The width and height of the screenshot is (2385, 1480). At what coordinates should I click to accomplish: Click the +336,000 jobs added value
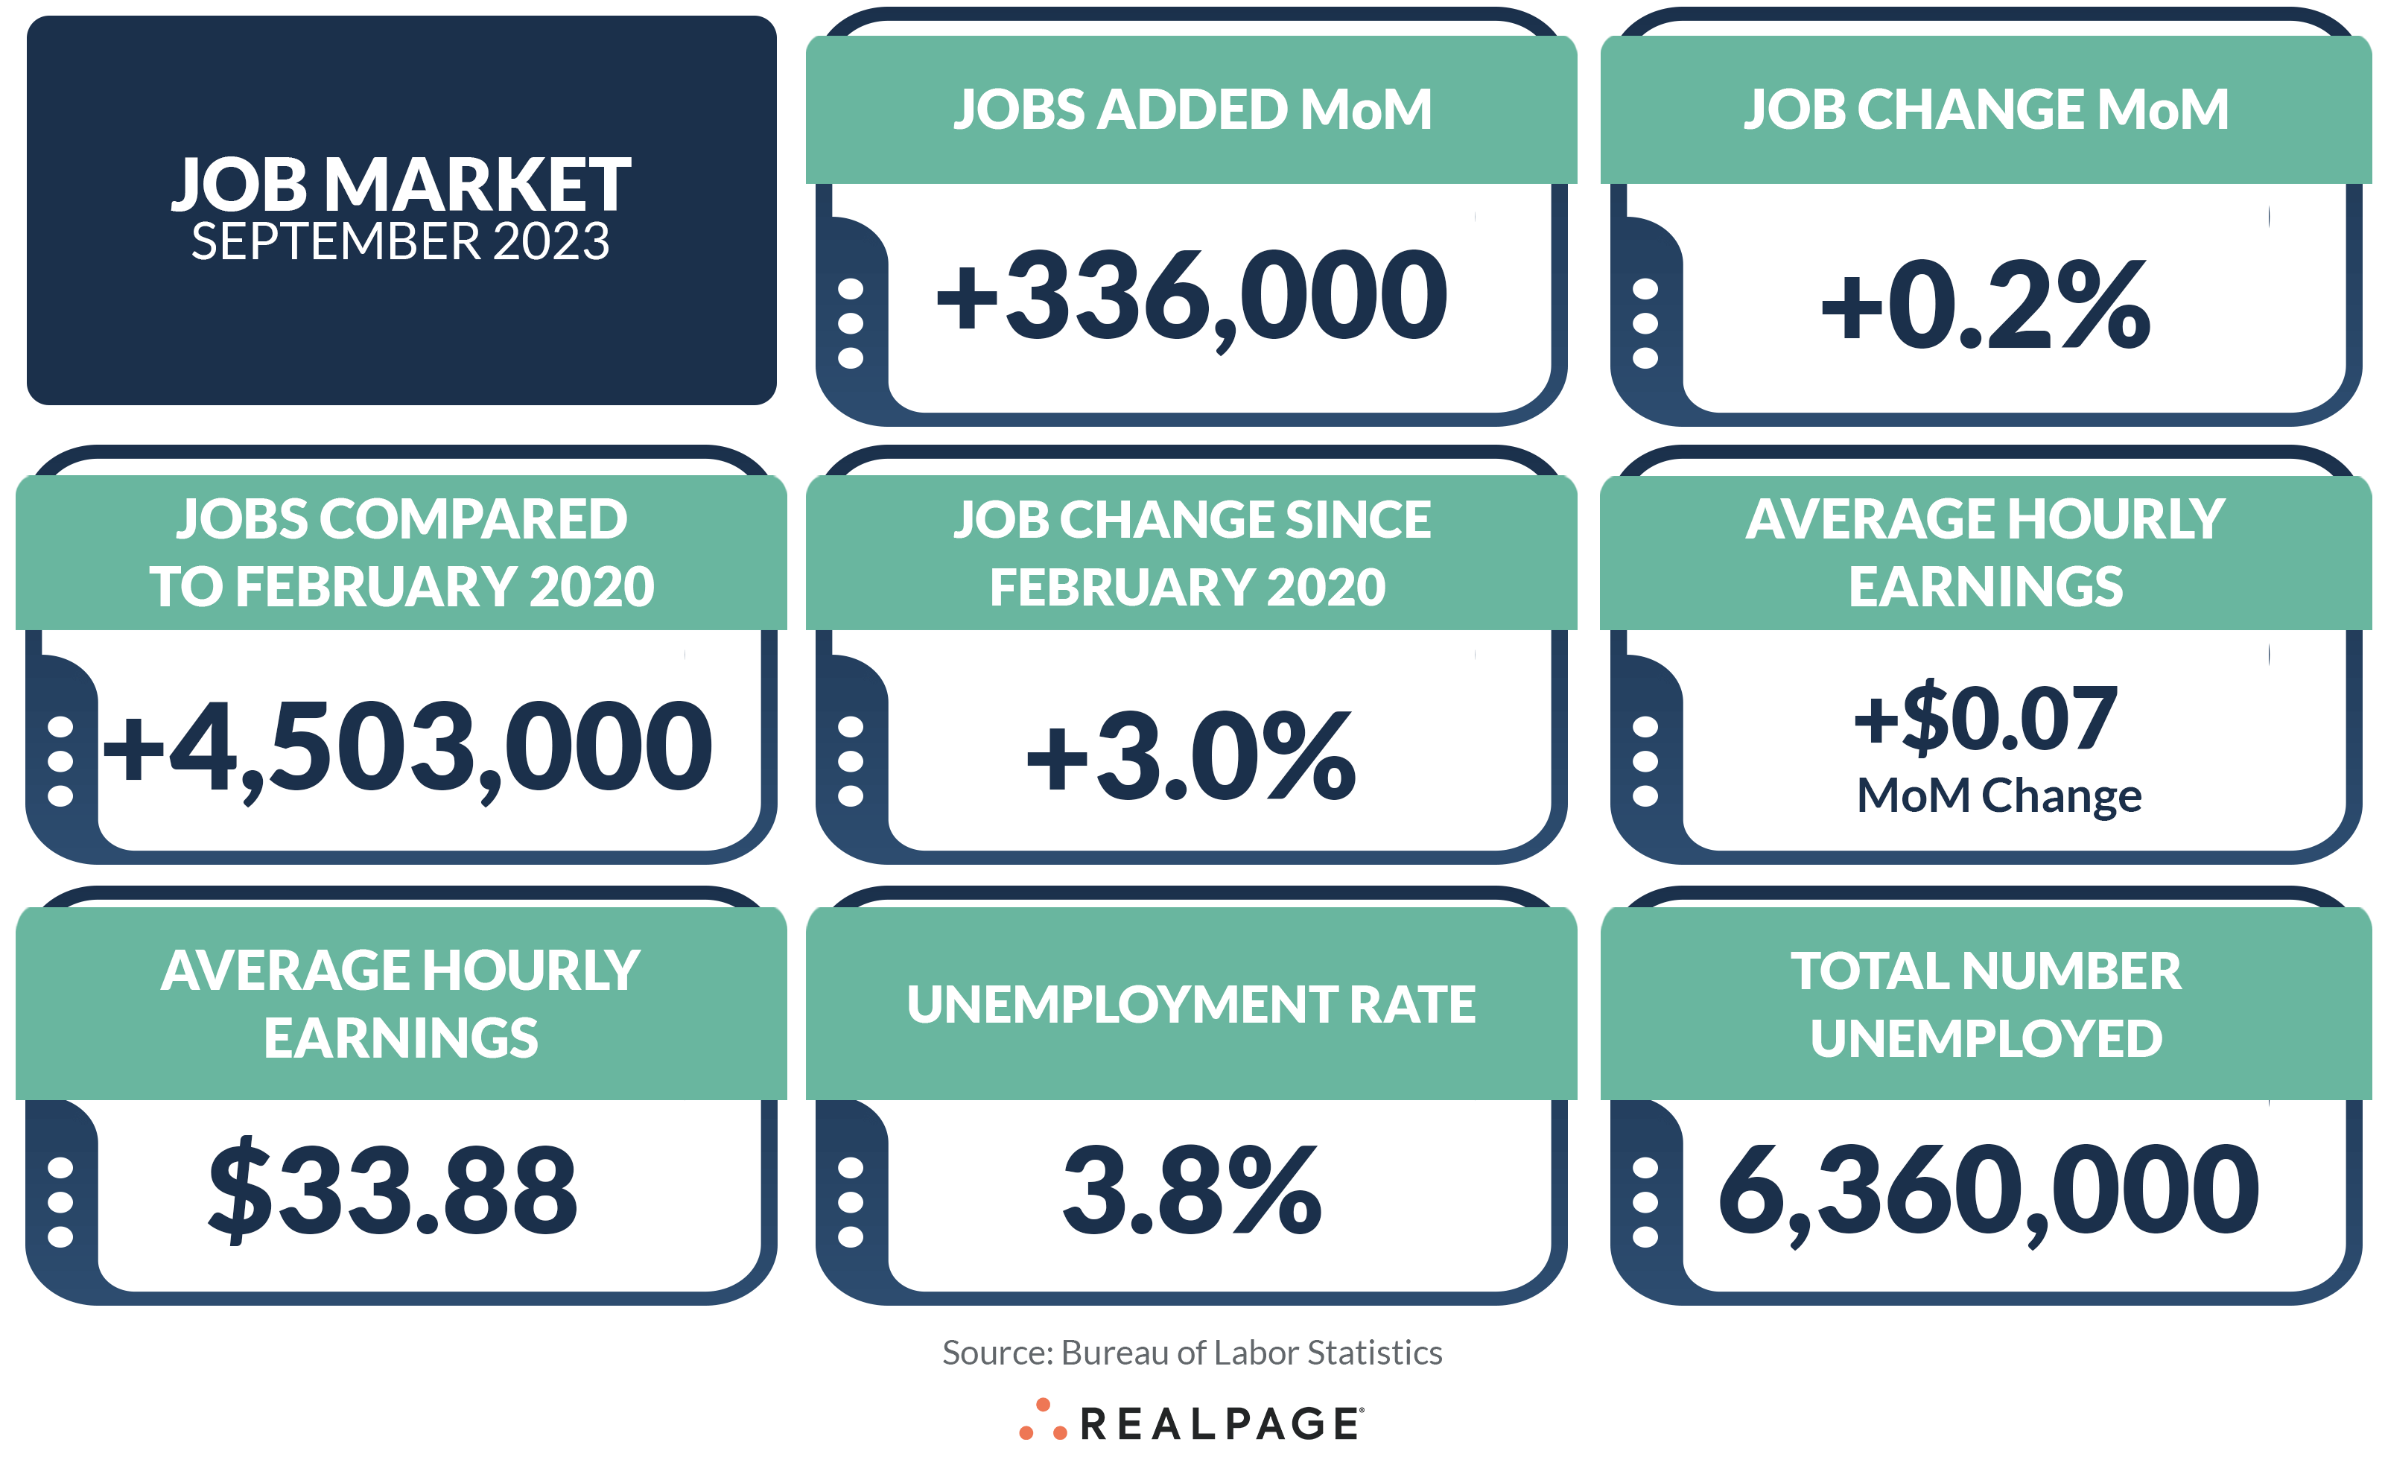(x=1191, y=296)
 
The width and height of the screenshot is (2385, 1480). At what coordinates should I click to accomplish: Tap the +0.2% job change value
(x=1985, y=305)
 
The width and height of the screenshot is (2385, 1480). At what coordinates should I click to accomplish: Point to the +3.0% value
(x=1190, y=756)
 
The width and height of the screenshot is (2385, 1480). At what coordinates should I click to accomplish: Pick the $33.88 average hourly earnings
(x=393, y=1190)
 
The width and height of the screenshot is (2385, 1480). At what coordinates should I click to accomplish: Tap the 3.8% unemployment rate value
(x=1191, y=1190)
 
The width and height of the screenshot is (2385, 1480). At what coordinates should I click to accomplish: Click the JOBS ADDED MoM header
(x=1192, y=109)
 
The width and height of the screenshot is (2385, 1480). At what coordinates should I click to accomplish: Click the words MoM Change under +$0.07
(x=1998, y=795)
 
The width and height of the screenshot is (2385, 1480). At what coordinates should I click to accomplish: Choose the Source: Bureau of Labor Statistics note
(x=1191, y=1353)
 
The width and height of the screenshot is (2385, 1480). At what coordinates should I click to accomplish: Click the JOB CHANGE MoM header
(x=1986, y=109)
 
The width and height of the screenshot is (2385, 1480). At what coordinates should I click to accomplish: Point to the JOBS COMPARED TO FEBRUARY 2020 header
(x=401, y=552)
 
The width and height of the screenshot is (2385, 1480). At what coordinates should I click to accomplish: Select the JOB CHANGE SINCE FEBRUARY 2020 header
(x=1191, y=552)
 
